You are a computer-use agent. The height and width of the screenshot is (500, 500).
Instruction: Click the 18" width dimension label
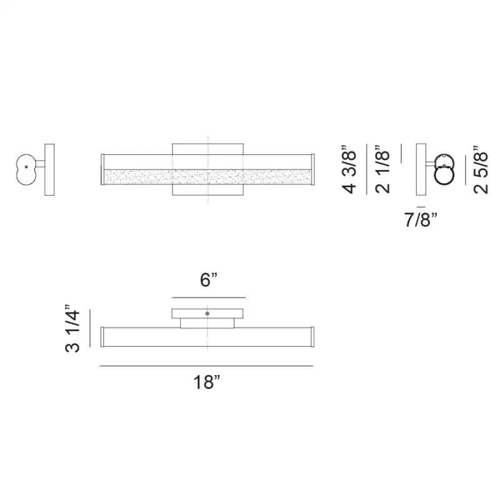pos(207,383)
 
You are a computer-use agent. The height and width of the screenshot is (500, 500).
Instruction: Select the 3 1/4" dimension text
pos(74,330)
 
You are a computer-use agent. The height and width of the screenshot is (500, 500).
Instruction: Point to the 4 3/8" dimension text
pos(351,170)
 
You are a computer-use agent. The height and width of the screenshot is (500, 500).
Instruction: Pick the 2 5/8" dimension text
pos(479,170)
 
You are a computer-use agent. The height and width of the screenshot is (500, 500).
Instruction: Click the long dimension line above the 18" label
pos(206,366)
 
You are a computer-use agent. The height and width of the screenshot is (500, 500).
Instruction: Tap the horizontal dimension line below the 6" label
pos(208,297)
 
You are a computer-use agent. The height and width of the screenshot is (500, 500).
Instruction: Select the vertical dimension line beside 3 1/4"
pos(91,329)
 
